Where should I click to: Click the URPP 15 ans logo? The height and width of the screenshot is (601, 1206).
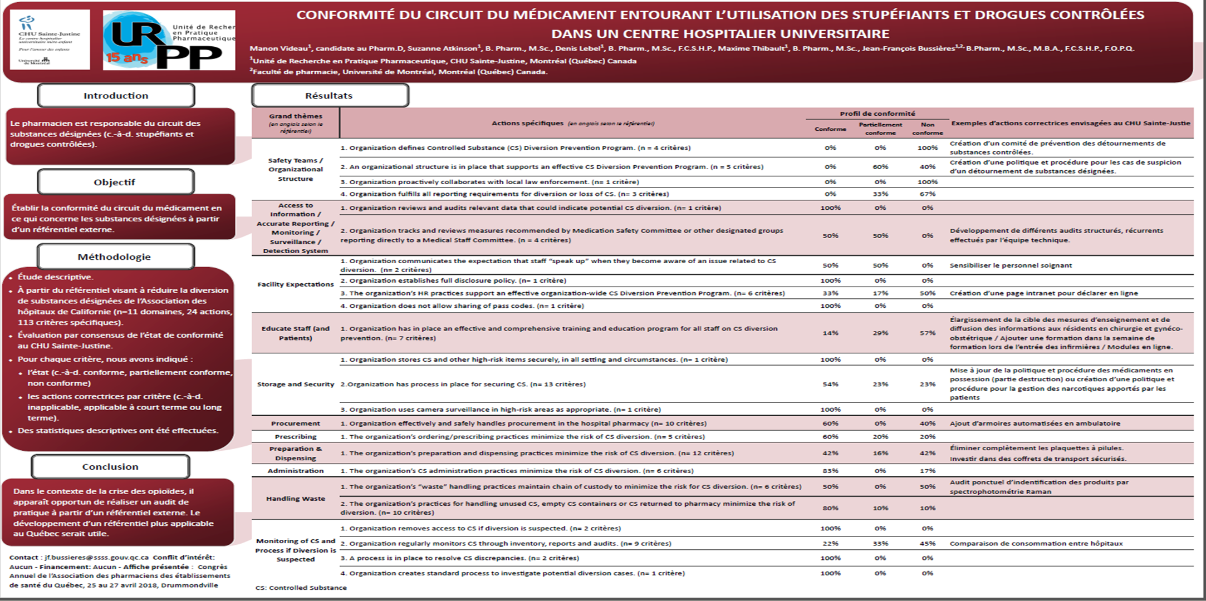coord(169,40)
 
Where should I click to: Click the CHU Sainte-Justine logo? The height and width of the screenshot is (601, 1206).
coord(50,40)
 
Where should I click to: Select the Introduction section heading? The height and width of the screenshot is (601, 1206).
coord(116,96)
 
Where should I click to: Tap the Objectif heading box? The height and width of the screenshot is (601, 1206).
coord(115,183)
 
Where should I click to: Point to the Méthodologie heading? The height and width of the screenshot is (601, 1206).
coord(115,257)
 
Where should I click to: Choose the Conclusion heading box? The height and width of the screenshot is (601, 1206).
coord(110,467)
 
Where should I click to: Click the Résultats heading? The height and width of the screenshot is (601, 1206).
coord(329,96)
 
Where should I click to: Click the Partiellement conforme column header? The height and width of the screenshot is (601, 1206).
coord(880,129)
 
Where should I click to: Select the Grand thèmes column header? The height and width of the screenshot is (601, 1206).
coord(295,123)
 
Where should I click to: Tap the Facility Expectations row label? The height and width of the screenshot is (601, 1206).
coord(295,284)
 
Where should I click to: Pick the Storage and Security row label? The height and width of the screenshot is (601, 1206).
coord(295,385)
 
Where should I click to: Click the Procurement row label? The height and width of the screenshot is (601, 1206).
coord(295,423)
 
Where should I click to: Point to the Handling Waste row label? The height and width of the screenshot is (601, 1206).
coord(295,499)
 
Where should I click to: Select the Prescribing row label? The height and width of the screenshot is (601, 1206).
coord(295,437)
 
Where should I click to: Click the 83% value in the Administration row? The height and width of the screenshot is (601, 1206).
coord(830,471)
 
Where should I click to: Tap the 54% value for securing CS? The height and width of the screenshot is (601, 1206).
coord(830,385)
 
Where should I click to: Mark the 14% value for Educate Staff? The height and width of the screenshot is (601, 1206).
coord(830,333)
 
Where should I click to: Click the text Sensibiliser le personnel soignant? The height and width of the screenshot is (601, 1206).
coord(1011,265)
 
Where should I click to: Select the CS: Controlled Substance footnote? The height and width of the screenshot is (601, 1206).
coord(301,588)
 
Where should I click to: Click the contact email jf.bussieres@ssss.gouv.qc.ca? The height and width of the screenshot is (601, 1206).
coord(97,557)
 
